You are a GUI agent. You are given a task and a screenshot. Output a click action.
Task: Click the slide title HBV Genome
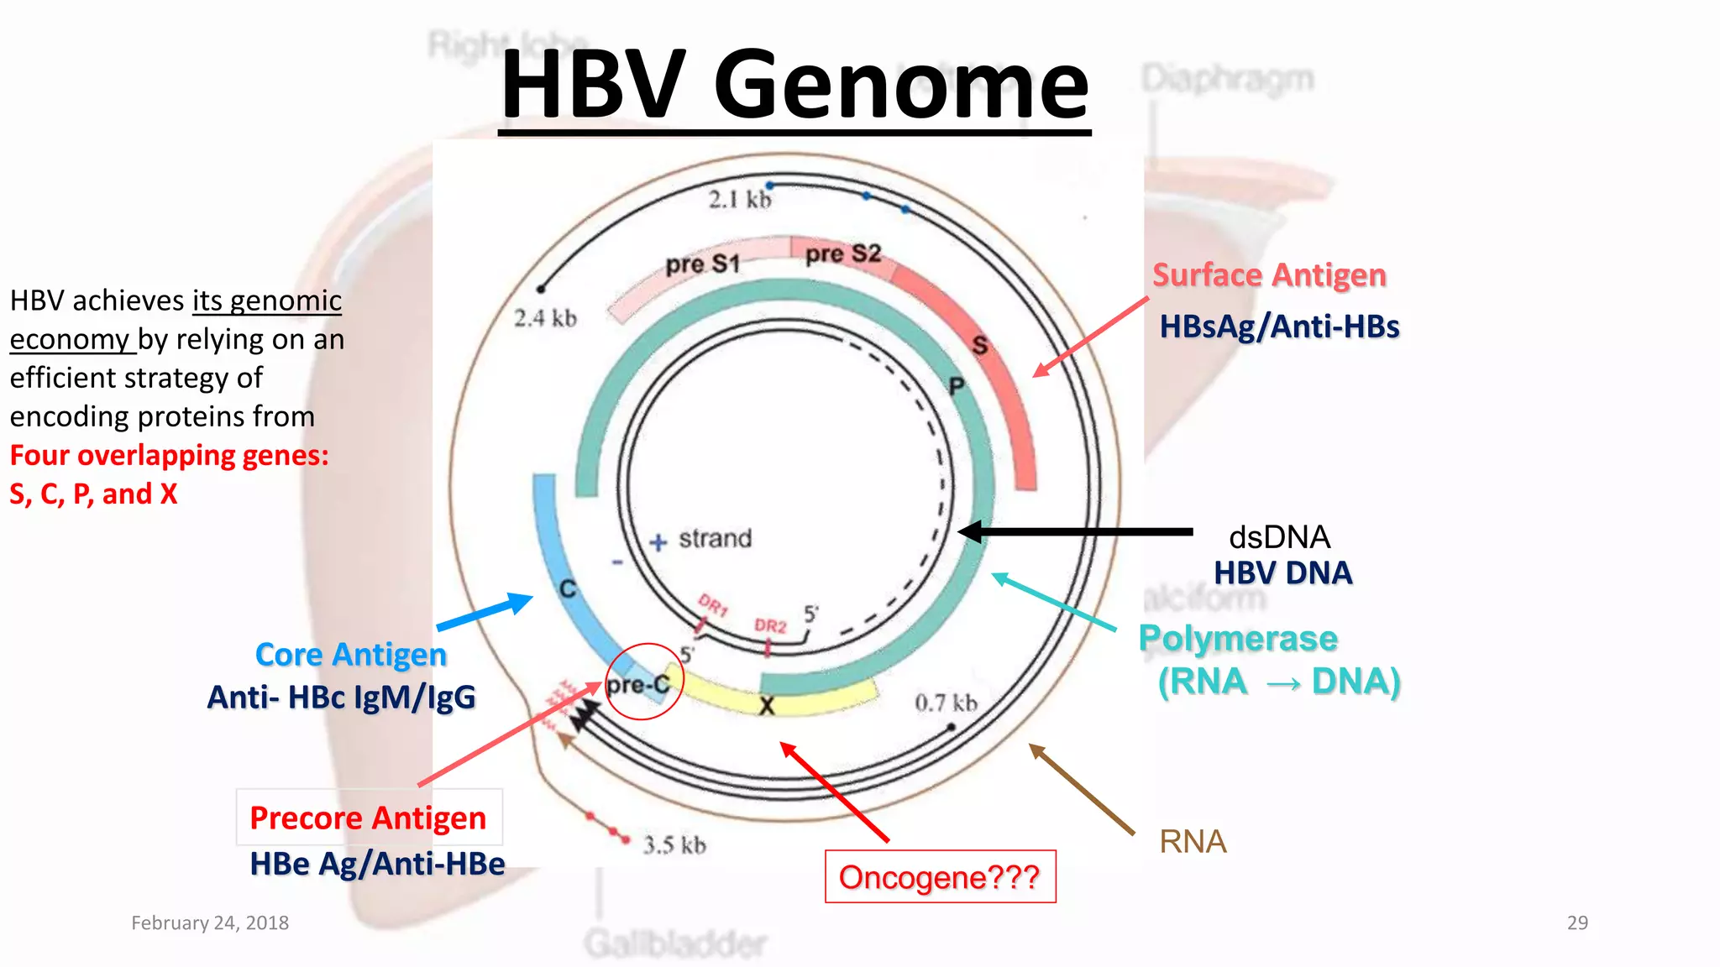coord(794,86)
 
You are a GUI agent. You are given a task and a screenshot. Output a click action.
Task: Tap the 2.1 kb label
coord(739,200)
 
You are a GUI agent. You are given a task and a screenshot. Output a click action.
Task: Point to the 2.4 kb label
coord(545,318)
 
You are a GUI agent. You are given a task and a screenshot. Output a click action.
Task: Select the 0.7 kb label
coord(946,703)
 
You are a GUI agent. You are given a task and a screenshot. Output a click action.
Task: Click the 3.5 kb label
coord(674,844)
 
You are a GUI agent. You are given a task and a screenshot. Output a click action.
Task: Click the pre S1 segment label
coord(702,264)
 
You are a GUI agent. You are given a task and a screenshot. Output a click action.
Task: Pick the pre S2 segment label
coord(842,253)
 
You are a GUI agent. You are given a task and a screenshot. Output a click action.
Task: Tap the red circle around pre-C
coord(644,682)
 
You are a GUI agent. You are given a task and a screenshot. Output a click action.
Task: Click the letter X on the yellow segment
coord(767,707)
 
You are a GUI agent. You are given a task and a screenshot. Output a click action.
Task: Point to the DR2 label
coord(769,626)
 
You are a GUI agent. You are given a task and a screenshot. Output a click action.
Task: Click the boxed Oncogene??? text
coord(940,877)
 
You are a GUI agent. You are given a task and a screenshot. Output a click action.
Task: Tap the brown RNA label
coord(1193,841)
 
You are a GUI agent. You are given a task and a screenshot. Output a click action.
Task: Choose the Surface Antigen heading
coord(1268,275)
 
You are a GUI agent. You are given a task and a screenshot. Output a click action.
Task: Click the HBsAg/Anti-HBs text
coord(1279,327)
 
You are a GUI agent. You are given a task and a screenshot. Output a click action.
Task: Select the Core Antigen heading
coord(350,655)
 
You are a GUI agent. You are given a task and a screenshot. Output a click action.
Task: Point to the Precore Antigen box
coord(369,818)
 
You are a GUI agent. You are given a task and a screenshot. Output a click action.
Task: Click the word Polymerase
coord(1237,639)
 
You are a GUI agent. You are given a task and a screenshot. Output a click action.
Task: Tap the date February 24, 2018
coord(210,923)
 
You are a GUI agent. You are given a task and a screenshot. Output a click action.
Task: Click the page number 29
coord(1577,923)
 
